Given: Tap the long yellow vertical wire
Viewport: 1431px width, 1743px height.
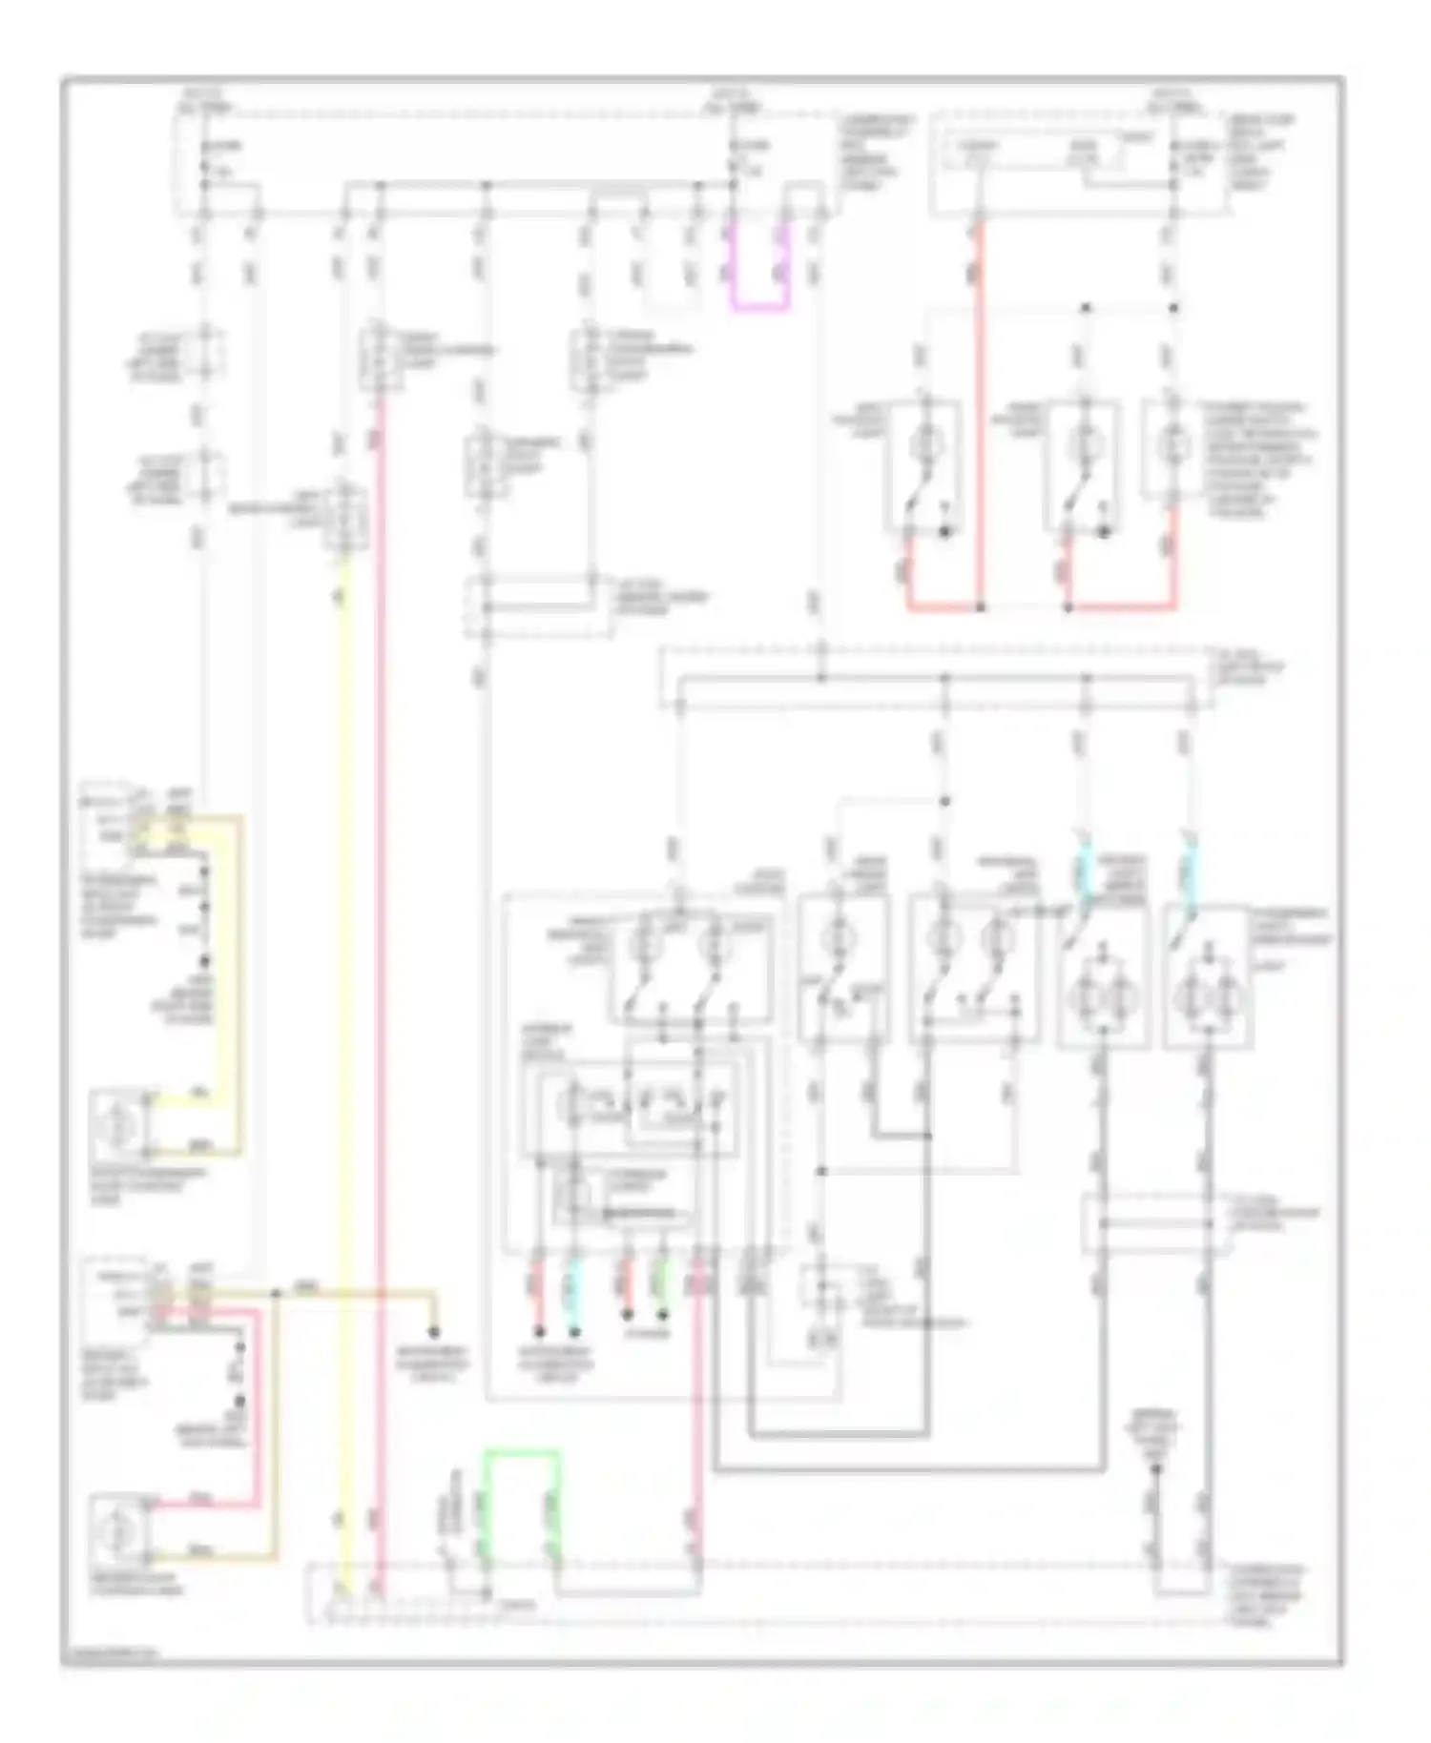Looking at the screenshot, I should coord(345,1049).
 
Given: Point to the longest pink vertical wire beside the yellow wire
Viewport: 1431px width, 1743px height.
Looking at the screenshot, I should coord(379,954).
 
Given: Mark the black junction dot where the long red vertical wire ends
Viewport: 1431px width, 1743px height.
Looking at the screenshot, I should coord(980,606).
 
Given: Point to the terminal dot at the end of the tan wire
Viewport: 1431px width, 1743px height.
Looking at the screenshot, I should coord(434,1331).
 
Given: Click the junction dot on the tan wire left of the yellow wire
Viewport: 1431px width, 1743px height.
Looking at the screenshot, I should coord(276,1294).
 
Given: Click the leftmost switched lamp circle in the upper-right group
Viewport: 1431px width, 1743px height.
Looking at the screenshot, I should coord(923,444).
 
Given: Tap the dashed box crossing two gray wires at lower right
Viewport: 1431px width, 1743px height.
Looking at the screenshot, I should coord(1151,1223).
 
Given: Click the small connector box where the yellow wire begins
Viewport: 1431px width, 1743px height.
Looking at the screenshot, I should coord(343,520).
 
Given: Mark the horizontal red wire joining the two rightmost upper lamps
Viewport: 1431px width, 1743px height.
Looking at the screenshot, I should coord(1121,606).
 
